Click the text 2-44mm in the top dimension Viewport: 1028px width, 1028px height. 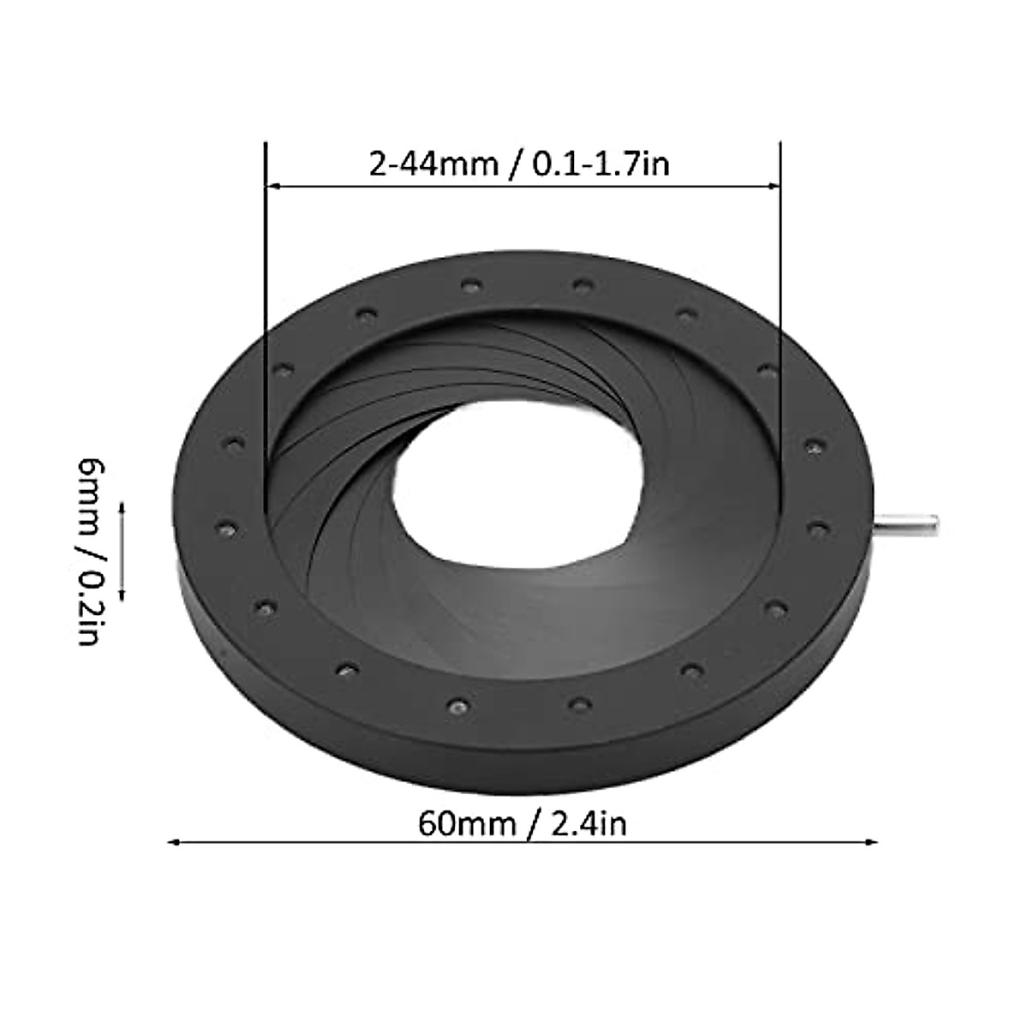point(433,163)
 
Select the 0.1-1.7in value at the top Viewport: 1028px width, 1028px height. point(601,163)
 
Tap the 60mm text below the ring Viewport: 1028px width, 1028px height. point(466,824)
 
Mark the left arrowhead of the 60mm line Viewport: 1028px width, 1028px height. point(172,844)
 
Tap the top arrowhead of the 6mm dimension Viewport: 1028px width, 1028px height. point(122,506)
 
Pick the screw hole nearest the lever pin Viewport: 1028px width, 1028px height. point(818,525)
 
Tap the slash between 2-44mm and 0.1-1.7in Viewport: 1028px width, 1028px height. point(512,163)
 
